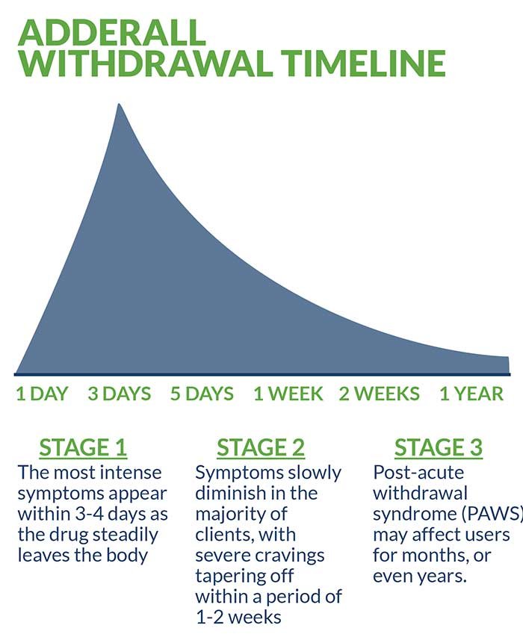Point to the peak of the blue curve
coord(118,105)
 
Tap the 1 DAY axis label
coord(42,394)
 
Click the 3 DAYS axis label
coord(120,394)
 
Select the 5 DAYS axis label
coord(202,394)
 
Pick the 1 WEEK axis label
coord(288,394)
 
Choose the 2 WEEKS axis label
coord(380,394)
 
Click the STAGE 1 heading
coord(83,447)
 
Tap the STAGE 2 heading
coord(261,447)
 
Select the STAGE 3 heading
coord(439,447)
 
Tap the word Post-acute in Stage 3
coord(408,473)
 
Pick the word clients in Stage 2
coord(223,535)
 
